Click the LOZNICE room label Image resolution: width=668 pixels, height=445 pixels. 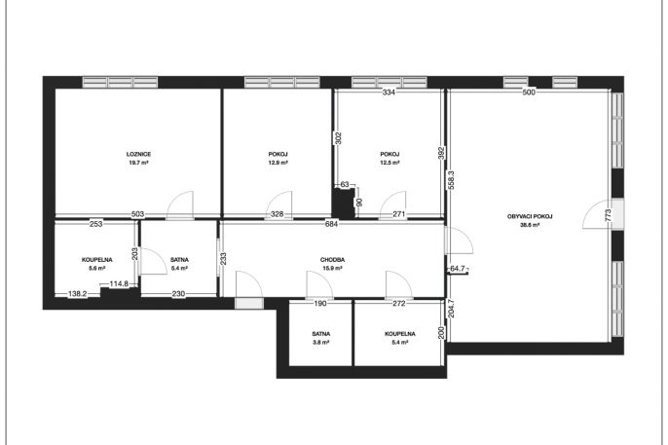pos(138,154)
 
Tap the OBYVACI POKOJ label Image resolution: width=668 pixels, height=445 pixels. pos(530,216)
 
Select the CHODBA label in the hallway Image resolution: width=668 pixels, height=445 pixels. pos(332,260)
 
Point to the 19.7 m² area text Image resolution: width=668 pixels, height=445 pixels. pos(138,163)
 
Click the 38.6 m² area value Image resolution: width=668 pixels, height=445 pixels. pos(530,225)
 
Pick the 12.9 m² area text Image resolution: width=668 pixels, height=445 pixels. pos(278,163)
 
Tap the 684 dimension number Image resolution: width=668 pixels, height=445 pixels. pos(331,224)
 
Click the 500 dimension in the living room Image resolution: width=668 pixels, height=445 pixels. pos(528,92)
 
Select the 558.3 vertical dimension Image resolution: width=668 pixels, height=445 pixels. pos(451,180)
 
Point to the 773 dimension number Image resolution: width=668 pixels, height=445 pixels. pos(608,214)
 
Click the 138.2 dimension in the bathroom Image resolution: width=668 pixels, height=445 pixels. pos(78,293)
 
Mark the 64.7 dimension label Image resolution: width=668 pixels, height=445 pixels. pos(457,269)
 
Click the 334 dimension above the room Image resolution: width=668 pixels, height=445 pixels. pos(389,92)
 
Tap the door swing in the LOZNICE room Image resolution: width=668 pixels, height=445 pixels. pos(180,205)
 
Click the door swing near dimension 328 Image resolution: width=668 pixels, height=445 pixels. pos(279,205)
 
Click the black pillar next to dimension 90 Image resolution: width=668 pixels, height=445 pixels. pos(344,204)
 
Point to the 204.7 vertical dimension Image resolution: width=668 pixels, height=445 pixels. pos(451,309)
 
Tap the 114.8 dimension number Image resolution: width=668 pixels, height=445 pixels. pos(119,283)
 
